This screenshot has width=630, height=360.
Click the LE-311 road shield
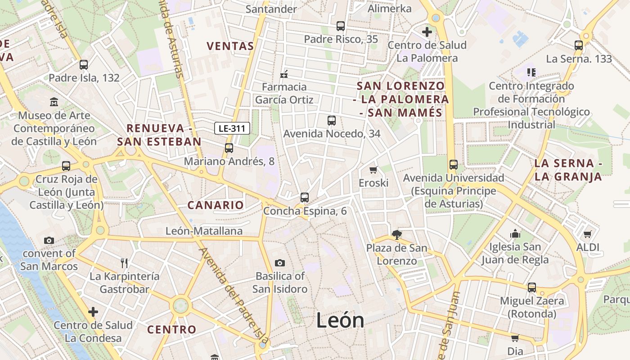pos(232,128)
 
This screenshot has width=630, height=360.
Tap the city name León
pos(340,320)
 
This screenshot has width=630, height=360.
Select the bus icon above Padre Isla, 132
pos(84,64)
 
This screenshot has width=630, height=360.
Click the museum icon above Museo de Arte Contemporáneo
pos(54,102)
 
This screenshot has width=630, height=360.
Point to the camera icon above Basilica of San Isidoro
pos(279,263)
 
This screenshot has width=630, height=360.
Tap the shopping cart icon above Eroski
pos(373,170)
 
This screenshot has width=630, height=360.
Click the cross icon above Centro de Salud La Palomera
pos(427,32)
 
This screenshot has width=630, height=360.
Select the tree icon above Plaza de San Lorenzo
pos(396,234)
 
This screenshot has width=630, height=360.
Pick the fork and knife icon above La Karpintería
pos(124,263)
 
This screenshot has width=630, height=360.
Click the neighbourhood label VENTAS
pos(230,46)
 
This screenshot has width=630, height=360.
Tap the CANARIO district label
pos(216,205)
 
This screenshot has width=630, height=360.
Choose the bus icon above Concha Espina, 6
pos(305,197)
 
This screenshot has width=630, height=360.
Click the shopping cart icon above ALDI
pos(587,234)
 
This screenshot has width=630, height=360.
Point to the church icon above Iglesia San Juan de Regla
pos(515,234)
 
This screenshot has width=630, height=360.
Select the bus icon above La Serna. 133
pos(579,45)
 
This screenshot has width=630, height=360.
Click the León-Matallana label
pos(204,231)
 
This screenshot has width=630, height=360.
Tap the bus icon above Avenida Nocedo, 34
pos(332,120)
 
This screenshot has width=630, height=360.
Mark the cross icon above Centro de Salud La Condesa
pos(93,311)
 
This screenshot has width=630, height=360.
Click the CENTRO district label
pos(172,329)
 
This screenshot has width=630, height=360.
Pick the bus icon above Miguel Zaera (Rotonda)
pos(532,287)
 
